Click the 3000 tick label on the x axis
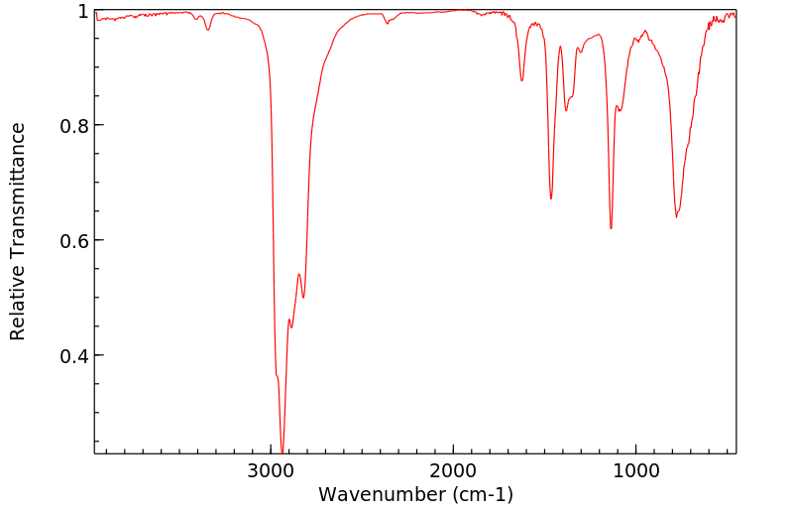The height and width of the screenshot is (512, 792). (272, 472)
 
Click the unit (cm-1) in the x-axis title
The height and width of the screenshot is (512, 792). (482, 494)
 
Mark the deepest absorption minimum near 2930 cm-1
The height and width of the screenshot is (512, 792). (283, 451)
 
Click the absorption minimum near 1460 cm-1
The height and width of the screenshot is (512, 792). (551, 198)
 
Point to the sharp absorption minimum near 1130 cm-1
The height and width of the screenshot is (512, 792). (611, 228)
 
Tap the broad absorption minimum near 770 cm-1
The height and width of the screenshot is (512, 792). (676, 216)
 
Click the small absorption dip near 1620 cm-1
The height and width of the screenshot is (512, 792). (522, 80)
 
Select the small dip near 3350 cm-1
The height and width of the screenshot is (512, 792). (208, 30)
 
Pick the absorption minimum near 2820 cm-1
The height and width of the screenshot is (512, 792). (303, 297)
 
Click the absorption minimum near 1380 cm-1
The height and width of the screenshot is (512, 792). (566, 110)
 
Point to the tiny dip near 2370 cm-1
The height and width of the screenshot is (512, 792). (387, 22)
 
